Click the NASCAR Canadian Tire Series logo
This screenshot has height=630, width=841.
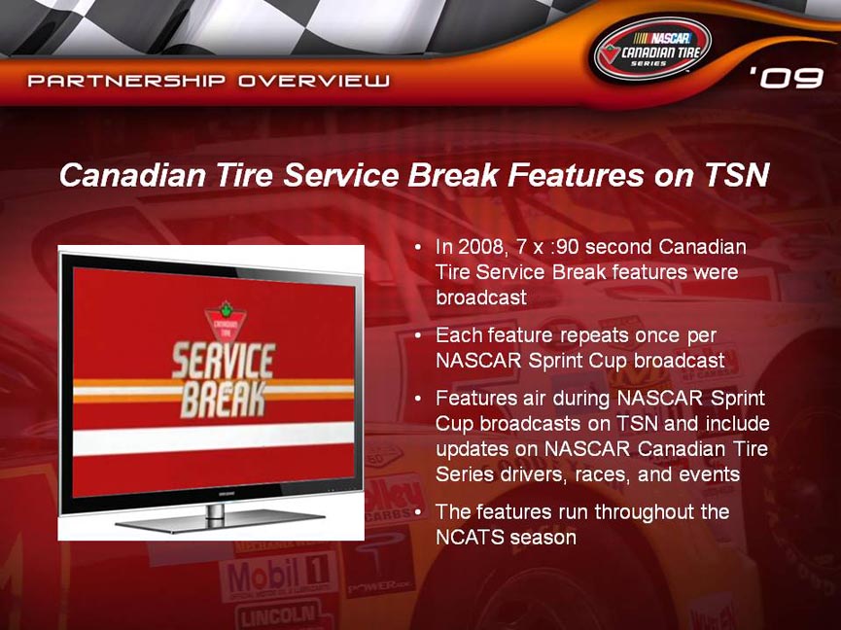pyautogui.click(x=652, y=50)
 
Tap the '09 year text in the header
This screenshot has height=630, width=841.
pyautogui.click(x=787, y=78)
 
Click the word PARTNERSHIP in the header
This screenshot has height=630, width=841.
pyautogui.click(x=126, y=81)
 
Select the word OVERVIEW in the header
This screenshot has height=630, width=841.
pyautogui.click(x=314, y=81)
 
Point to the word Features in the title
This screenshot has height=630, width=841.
pyautogui.click(x=576, y=175)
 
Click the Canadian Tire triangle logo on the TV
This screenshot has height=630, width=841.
pyautogui.click(x=226, y=321)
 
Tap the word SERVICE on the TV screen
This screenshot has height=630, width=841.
pyautogui.click(x=224, y=361)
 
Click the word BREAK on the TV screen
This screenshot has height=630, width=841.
pyautogui.click(x=224, y=400)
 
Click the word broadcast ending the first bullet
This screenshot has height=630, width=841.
pyautogui.click(x=481, y=297)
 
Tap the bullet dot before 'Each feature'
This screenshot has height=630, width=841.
pyautogui.click(x=419, y=336)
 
